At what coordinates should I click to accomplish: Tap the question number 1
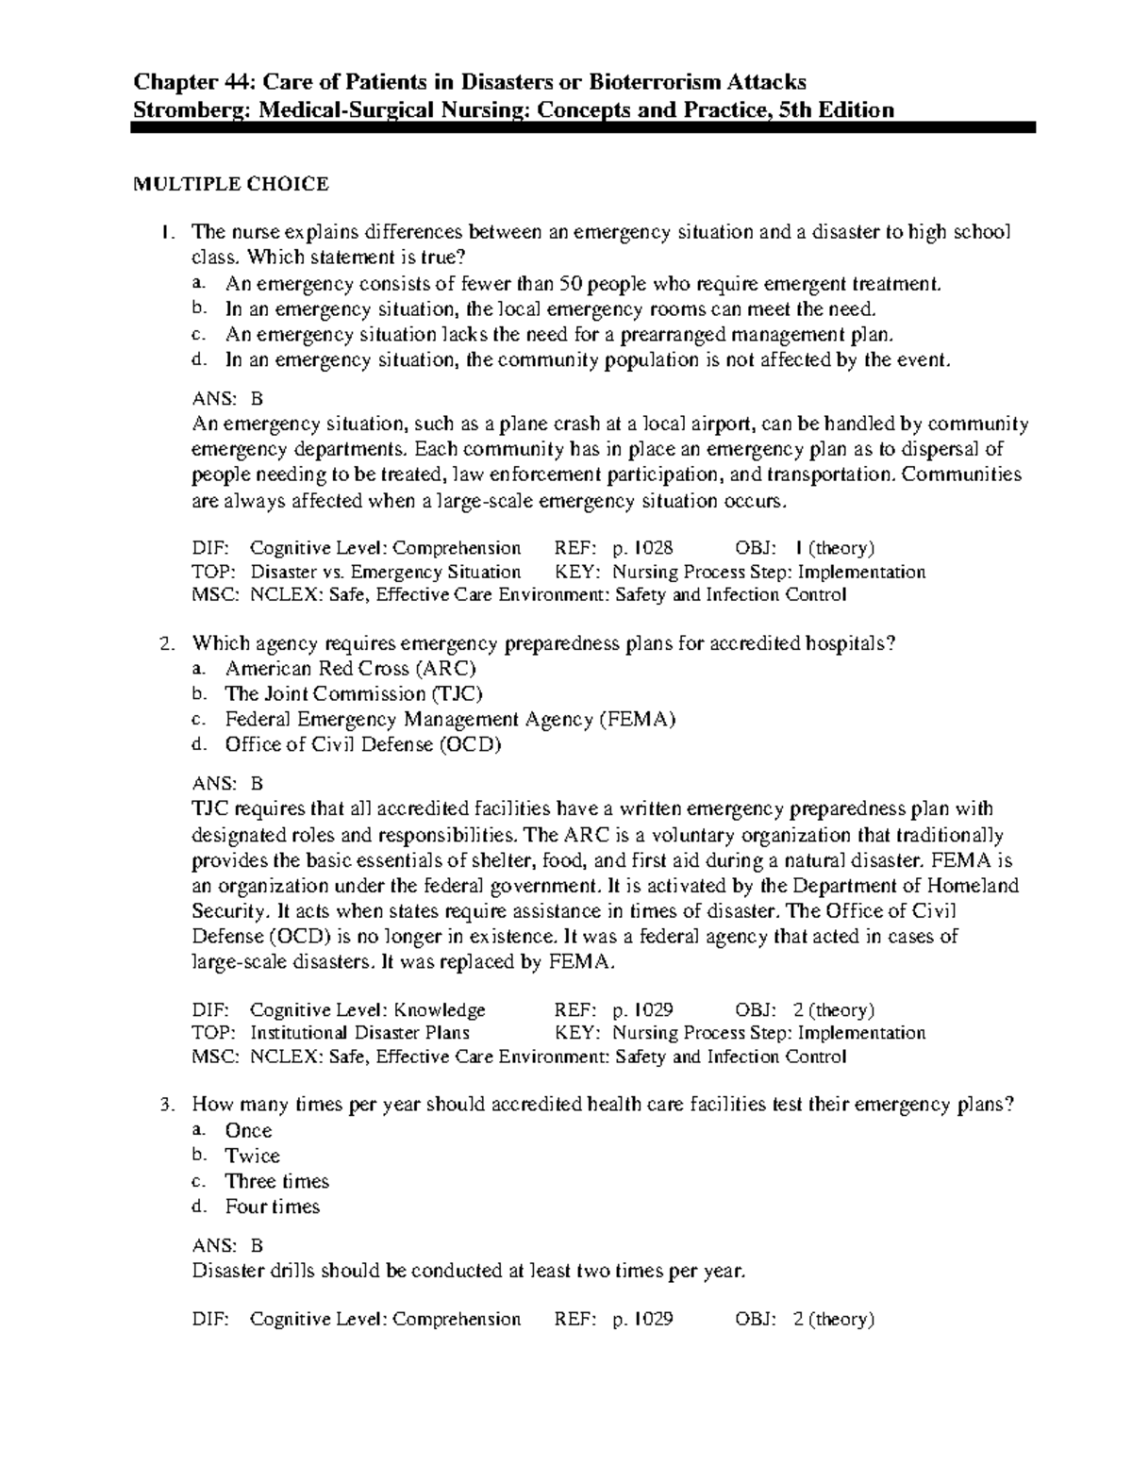[x=167, y=233]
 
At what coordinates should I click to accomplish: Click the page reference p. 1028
[x=642, y=548]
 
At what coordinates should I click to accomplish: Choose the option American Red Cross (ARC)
[x=350, y=669]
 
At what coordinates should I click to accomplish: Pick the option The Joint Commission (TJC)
[x=354, y=694]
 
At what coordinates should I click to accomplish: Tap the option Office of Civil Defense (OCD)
[x=363, y=745]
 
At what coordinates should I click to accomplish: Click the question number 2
[x=167, y=644]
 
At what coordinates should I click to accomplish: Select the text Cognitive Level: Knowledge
[x=368, y=1010]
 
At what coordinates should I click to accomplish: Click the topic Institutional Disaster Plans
[x=360, y=1033]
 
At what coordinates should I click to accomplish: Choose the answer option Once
[x=248, y=1130]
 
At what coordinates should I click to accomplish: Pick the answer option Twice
[x=252, y=1156]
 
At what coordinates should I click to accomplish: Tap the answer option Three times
[x=276, y=1181]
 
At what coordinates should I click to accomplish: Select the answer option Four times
[x=273, y=1207]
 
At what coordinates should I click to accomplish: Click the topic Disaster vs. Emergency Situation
[x=386, y=572]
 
